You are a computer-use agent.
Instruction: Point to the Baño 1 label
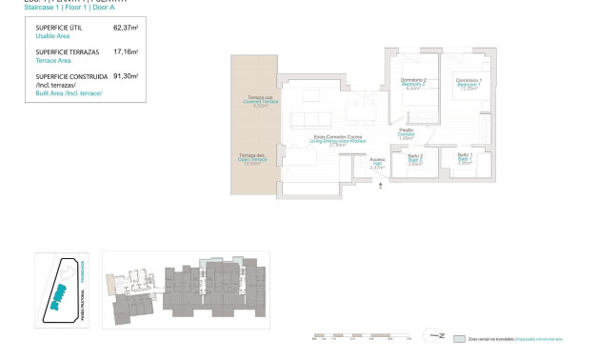465,155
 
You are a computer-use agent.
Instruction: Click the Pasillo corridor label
406,130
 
